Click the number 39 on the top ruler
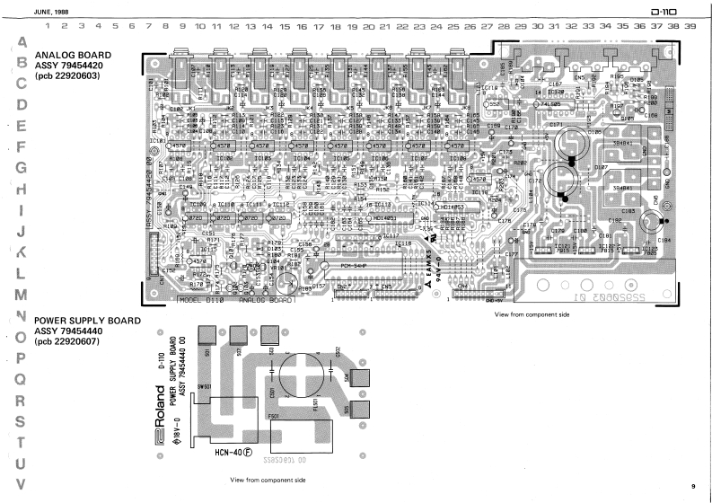click(x=689, y=27)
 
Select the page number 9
click(x=692, y=486)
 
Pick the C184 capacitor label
click(x=664, y=241)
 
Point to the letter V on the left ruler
click(x=21, y=481)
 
